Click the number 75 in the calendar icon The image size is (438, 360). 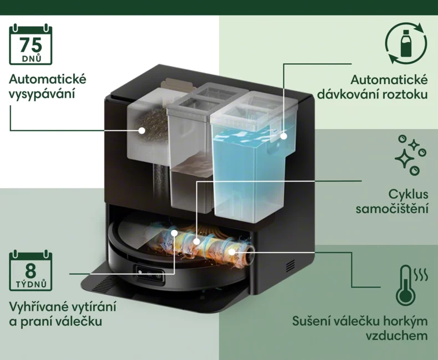tap(30, 45)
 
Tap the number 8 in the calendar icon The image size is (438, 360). tap(30, 270)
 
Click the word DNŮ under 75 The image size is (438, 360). tap(31, 58)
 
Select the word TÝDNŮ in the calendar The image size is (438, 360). tap(31, 284)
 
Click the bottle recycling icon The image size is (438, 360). tap(406, 44)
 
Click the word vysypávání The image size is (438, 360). tap(42, 94)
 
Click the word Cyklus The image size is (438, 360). tap(408, 194)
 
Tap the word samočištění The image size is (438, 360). tap(392, 208)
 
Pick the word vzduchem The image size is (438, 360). tap(396, 336)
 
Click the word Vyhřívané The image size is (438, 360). tap(39, 307)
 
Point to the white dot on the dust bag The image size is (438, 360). tap(142, 130)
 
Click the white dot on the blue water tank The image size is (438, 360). tap(284, 136)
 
